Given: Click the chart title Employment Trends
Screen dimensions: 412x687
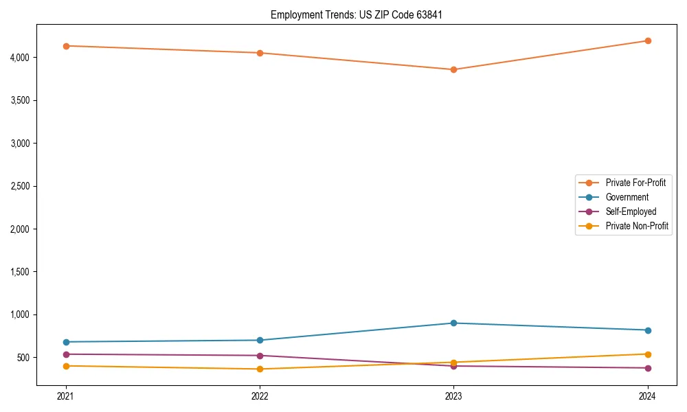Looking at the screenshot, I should tap(351, 14).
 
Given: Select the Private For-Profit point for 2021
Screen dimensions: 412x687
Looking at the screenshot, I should tap(66, 46).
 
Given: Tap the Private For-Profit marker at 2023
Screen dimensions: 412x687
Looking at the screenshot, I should tap(453, 69).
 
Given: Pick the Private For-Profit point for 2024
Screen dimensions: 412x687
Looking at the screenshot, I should tap(647, 41).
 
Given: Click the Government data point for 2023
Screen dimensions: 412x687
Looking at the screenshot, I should tap(453, 323).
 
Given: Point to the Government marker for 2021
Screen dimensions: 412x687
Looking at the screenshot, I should tap(66, 342).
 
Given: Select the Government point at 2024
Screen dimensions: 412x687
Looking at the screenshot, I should tap(647, 330).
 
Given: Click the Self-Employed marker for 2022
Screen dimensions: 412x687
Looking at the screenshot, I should tap(260, 356).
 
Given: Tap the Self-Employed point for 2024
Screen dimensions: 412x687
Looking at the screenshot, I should tap(647, 368).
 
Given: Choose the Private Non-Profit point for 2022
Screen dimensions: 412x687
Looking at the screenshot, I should tap(260, 369).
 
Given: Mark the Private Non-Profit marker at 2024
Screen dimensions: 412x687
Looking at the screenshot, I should tap(647, 354).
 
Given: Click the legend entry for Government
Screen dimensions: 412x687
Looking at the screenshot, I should tap(627, 197).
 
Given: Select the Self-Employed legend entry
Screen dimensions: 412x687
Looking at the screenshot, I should tap(631, 211).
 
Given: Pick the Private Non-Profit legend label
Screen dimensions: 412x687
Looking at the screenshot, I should tap(637, 226).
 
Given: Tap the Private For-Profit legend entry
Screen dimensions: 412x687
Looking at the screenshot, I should tap(635, 183).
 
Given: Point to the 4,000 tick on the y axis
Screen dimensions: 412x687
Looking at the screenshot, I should tap(20, 58).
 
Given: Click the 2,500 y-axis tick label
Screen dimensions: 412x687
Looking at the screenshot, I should tap(20, 186).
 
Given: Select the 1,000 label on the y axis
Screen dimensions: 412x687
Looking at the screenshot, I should tap(20, 314).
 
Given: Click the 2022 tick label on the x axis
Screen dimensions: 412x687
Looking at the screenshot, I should tap(260, 396).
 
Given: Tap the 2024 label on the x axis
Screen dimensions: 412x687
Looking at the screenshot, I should tap(647, 396).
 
